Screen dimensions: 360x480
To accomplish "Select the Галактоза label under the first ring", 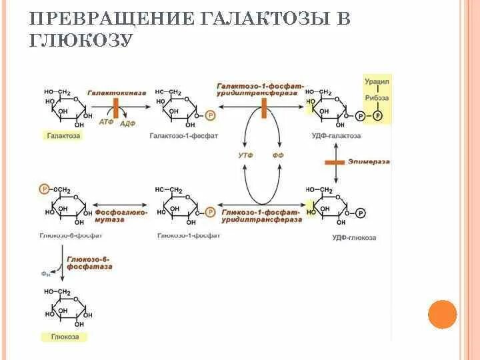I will tap(64, 135).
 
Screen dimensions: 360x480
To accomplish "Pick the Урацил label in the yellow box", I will tap(377, 81).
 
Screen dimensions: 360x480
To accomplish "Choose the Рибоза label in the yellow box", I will tap(377, 98).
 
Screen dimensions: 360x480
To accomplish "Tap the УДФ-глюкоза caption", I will tap(354, 237).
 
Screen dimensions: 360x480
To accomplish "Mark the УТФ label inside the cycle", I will tap(244, 155).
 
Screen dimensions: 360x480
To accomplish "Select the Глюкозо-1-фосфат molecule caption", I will tap(180, 235).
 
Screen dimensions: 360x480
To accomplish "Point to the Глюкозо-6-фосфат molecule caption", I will tap(62, 235).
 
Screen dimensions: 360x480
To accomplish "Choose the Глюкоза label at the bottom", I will tap(65, 337).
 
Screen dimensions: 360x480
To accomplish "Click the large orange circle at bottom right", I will tap(442, 314).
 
